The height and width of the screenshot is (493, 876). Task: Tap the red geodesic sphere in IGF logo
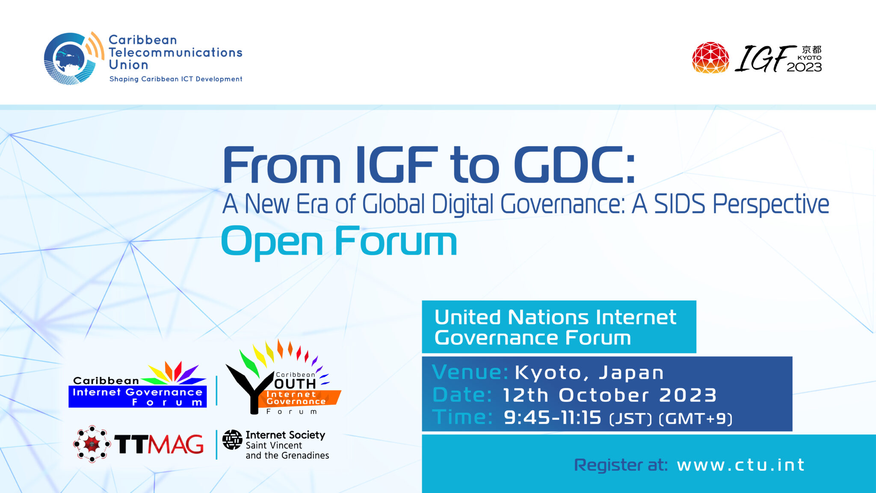click(x=710, y=58)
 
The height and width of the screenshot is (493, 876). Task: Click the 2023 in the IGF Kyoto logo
click(x=804, y=67)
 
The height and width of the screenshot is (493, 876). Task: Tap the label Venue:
click(x=470, y=372)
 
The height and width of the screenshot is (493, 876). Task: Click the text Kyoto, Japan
click(x=589, y=372)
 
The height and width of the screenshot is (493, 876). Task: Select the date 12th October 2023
click(x=610, y=395)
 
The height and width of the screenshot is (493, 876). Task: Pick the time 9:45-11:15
click(x=552, y=418)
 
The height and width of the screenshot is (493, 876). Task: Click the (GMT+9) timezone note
click(x=695, y=419)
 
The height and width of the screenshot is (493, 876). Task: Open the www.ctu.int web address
click(x=741, y=465)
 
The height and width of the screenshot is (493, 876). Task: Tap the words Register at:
click(x=621, y=465)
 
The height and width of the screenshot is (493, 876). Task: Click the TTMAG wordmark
click(x=159, y=444)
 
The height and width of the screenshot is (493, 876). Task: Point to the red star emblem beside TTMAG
click(x=92, y=444)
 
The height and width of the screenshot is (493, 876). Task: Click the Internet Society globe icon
click(x=232, y=440)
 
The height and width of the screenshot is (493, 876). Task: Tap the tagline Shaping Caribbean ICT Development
click(x=176, y=79)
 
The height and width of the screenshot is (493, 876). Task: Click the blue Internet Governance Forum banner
click(x=137, y=397)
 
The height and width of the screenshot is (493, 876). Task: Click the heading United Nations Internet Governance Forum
click(x=555, y=327)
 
